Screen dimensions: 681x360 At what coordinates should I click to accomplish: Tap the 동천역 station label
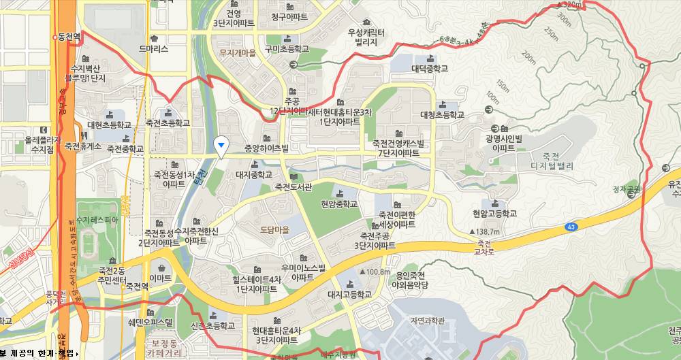[69, 37]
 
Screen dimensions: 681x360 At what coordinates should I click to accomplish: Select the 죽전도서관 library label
[294, 186]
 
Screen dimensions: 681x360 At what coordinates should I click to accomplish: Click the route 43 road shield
[569, 226]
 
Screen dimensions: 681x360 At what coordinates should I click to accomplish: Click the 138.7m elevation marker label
[487, 232]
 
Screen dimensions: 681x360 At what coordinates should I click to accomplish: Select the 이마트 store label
[160, 278]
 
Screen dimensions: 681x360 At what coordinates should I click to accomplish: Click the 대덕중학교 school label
[430, 69]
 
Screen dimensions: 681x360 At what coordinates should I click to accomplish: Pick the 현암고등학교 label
[494, 214]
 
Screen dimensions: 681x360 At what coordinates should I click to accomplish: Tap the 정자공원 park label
[627, 189]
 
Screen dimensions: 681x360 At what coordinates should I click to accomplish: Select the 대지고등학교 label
[349, 295]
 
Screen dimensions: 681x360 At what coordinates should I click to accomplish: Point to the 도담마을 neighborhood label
[274, 230]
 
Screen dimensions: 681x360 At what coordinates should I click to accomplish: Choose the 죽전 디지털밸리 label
[550, 161]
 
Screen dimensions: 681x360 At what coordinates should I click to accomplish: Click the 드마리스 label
[153, 49]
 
